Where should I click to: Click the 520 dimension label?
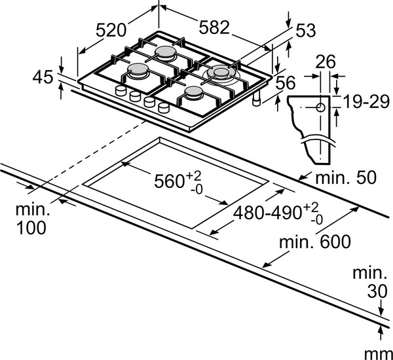(111, 29)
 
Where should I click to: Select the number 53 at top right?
(305, 30)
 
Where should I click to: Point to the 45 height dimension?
(42, 77)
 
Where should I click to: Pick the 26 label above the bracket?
(326, 62)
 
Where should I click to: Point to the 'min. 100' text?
(32, 219)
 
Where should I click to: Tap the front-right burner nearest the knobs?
(194, 97)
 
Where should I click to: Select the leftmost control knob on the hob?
(121, 91)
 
